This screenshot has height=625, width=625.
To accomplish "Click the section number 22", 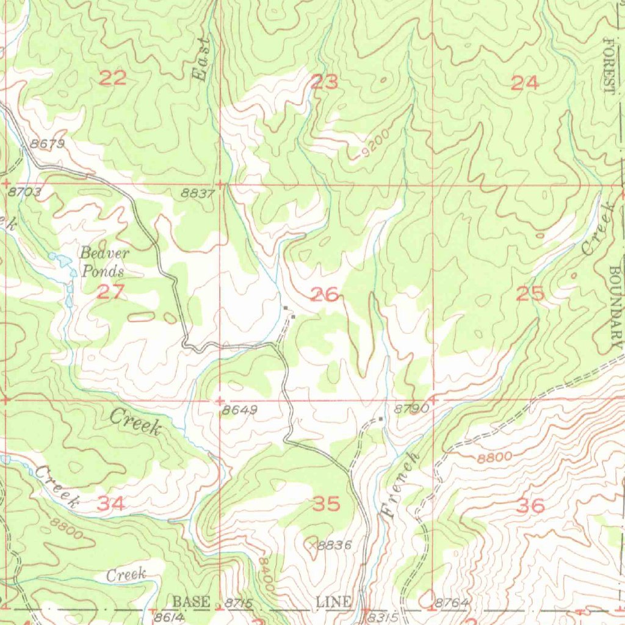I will point(114,78).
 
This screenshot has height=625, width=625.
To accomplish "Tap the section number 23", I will point(325,82).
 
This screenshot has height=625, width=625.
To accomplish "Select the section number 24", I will point(525,83).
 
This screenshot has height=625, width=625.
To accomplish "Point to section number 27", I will point(111,292).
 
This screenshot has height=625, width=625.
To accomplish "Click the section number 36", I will point(530,505).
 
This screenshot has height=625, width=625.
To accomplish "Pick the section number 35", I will point(326,504).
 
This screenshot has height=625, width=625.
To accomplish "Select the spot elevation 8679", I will point(47,144).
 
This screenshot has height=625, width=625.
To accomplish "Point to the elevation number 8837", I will point(198,193).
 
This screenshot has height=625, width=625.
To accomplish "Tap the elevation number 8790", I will point(411,410).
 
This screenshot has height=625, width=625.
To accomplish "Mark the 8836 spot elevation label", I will point(334,545).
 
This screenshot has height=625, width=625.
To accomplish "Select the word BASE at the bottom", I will point(191,602).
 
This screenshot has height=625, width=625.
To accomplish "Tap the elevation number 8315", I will point(383,617).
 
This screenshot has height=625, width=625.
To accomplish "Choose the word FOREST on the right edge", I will point(608,65).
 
